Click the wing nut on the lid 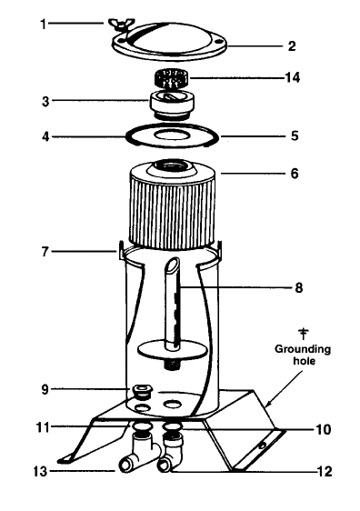pyautogui.click(x=120, y=25)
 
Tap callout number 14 pyautogui.click(x=292, y=77)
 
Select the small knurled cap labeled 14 pyautogui.click(x=172, y=78)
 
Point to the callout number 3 pyautogui.click(x=45, y=101)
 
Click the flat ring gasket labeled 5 pyautogui.click(x=172, y=135)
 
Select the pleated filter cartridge pyautogui.click(x=173, y=207)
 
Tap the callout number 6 pyautogui.click(x=295, y=174)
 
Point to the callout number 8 pyautogui.click(x=298, y=287)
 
